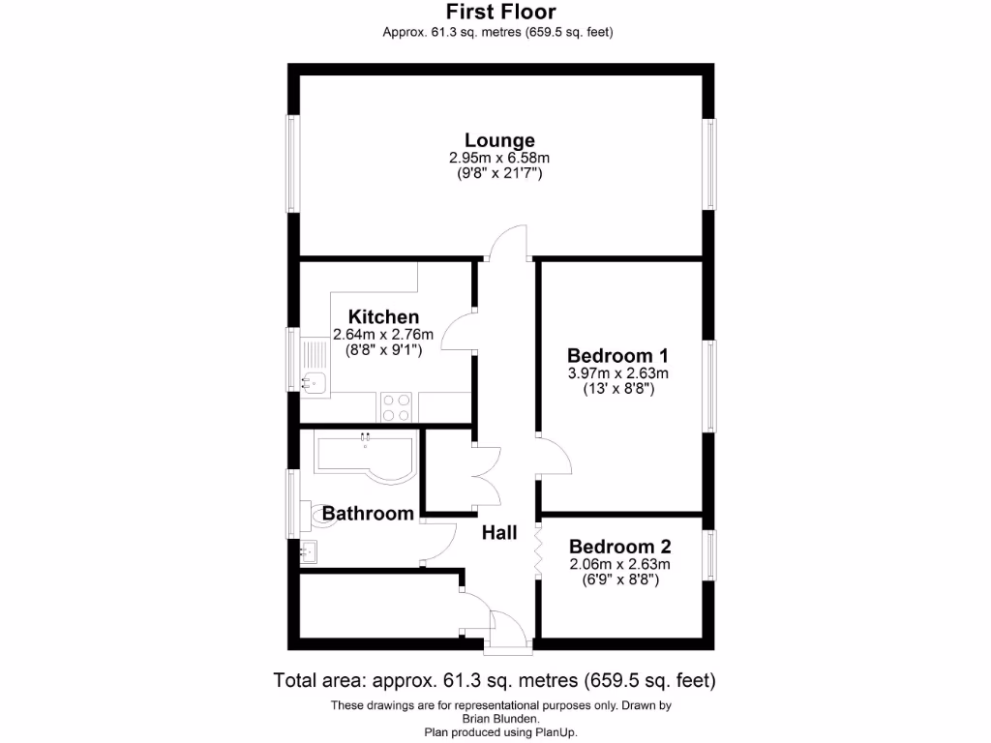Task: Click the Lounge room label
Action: pos(499,140)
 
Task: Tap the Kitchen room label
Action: pos(383,317)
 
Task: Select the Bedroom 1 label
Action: pos(617,354)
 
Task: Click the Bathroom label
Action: pos(368,513)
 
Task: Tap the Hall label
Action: pos(499,532)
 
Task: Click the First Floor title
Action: pos(500,13)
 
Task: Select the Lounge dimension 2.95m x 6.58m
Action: pos(499,158)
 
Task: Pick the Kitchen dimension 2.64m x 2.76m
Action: pos(383,335)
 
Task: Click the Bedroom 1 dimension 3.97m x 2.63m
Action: pos(618,372)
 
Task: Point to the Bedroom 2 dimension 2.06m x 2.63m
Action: pos(619,564)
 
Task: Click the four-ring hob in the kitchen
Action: pos(395,406)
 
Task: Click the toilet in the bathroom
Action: pos(315,517)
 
